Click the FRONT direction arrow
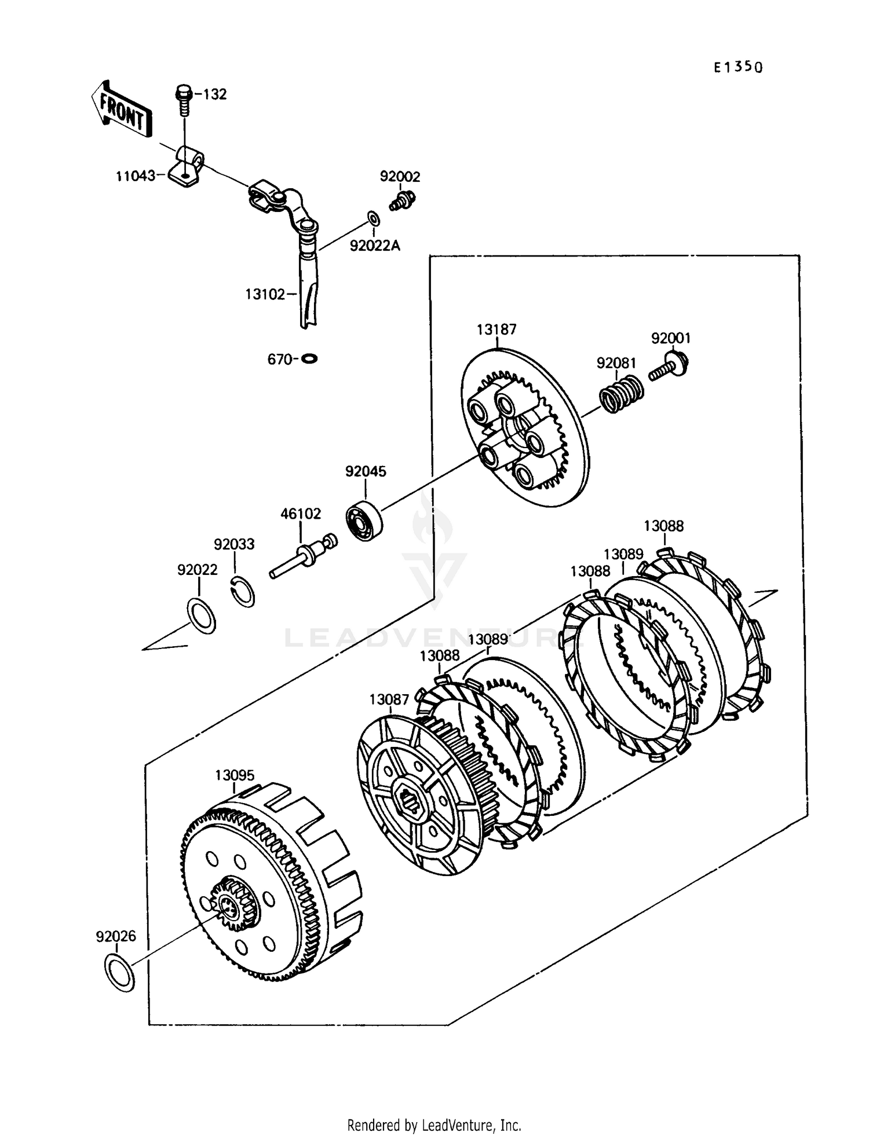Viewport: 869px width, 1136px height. (121, 108)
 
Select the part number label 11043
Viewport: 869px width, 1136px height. (136, 175)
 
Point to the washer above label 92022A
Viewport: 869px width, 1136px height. (374, 219)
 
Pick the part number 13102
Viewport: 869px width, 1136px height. (265, 295)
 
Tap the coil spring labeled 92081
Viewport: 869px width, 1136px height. (620, 394)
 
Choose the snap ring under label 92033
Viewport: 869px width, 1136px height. (243, 592)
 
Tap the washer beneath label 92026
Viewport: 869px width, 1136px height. (119, 973)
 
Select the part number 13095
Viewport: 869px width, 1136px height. (235, 775)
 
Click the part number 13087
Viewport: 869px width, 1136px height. (389, 699)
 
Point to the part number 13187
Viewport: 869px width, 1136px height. (496, 329)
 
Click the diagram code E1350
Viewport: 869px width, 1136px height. (738, 67)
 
